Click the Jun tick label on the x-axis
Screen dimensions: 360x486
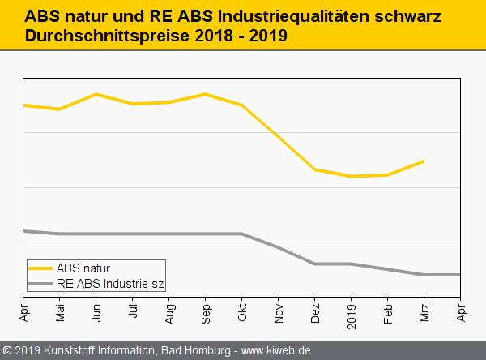pos(96,312)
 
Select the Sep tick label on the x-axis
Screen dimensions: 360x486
pos(206,312)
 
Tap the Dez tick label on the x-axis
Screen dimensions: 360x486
pos(315,312)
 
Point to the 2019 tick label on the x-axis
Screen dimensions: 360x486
pos(352,314)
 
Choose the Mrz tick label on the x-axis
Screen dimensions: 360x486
pos(424,312)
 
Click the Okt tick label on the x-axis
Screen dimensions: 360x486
pos(242,312)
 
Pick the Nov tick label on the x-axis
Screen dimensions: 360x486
pos(279,312)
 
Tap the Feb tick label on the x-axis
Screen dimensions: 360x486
pos(388,312)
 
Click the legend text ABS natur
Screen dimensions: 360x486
pos(83,268)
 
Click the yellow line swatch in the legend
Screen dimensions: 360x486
pos(40,268)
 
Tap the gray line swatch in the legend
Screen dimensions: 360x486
pos(40,284)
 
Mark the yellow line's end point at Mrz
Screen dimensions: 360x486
pos(424,161)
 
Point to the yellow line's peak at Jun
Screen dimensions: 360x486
pos(96,94)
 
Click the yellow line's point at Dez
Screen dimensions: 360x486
pos(315,169)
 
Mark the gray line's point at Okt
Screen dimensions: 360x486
pos(242,234)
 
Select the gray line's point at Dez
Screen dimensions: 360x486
pos(315,264)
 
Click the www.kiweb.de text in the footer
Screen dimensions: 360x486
pos(277,350)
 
